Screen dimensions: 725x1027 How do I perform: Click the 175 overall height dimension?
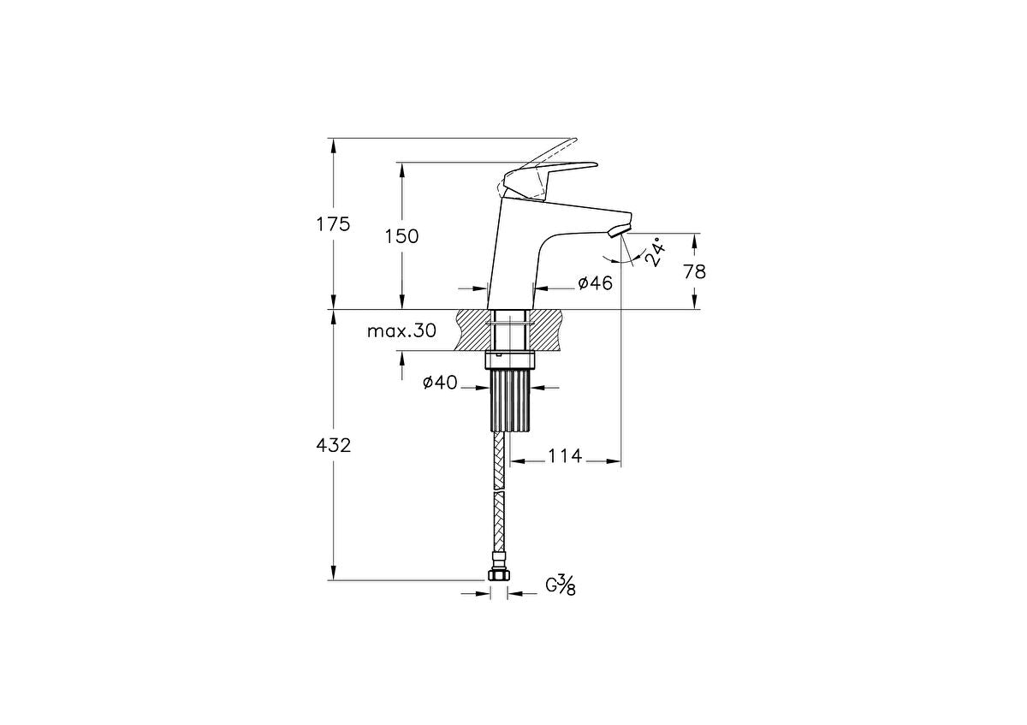tap(334, 225)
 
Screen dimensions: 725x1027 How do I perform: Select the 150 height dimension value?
tap(401, 236)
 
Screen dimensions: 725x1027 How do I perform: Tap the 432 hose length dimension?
tap(334, 445)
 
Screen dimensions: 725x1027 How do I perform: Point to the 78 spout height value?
tap(695, 271)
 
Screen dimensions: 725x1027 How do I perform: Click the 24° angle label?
tap(655, 253)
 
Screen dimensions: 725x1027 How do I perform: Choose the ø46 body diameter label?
tap(595, 283)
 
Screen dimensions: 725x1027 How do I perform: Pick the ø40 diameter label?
tap(439, 383)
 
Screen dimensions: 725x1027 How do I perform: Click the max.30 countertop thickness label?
tap(401, 331)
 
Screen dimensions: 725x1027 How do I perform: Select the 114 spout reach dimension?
tap(565, 456)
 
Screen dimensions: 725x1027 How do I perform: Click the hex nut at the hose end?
tap(498, 576)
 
